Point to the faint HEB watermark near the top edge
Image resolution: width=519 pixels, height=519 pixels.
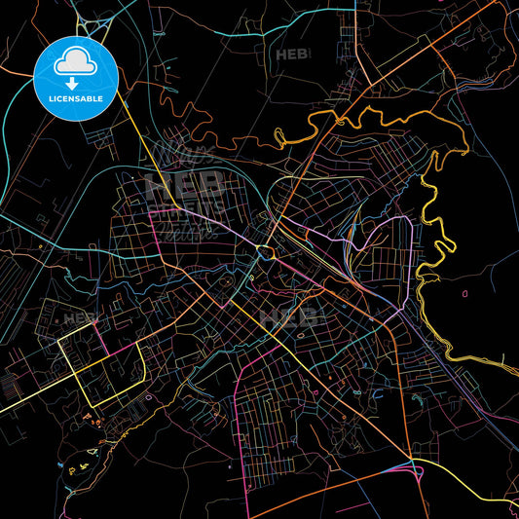coord(293,56)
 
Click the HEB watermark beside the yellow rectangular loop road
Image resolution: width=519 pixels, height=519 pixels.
coord(77,318)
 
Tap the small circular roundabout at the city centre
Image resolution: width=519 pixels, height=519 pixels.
coord(265,253)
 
